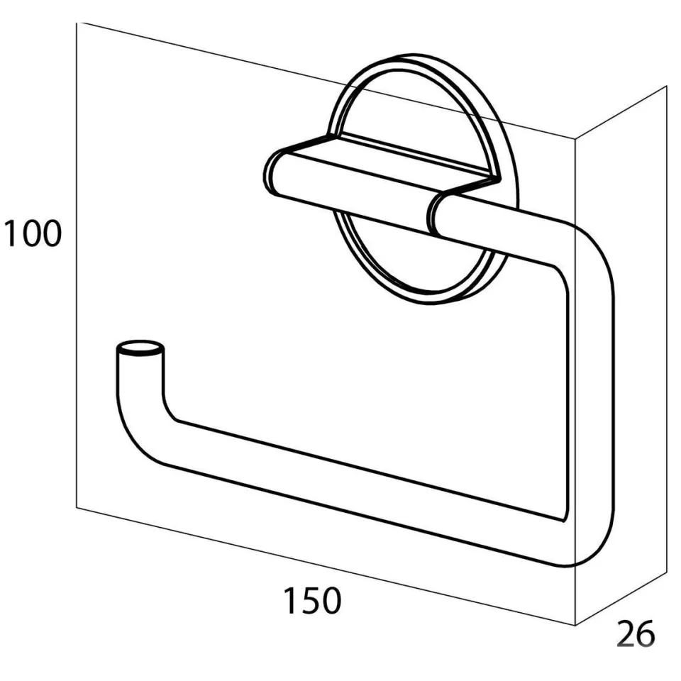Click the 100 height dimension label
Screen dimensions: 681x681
[33, 233]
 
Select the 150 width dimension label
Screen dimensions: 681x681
[312, 601]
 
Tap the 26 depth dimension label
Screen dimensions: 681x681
[636, 633]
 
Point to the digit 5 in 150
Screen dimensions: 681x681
[312, 601]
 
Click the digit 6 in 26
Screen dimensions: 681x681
[646, 633]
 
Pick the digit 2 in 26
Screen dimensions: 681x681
[626, 633]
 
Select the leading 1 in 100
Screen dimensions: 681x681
[11, 233]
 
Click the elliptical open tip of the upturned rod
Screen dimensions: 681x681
[140, 348]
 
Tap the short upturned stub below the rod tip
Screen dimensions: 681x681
[140, 374]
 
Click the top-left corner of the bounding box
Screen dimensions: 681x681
[77, 23]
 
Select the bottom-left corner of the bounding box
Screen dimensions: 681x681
[77, 506]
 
